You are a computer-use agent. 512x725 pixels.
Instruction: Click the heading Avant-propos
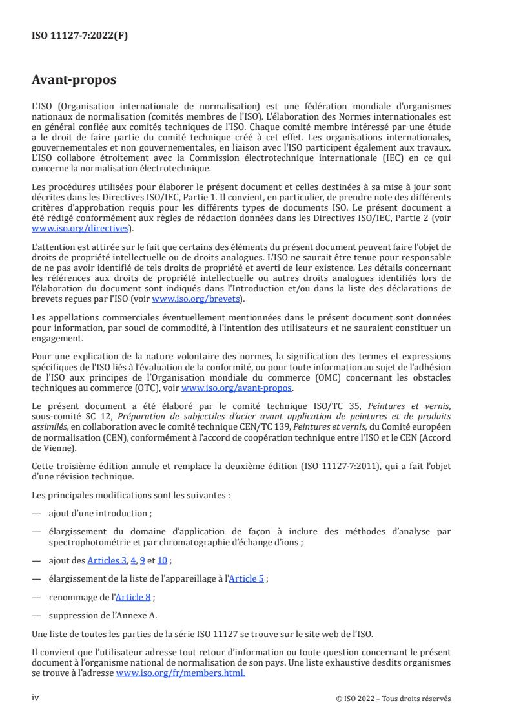tap(74, 81)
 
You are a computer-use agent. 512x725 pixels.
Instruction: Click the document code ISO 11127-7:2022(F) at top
tap(79, 36)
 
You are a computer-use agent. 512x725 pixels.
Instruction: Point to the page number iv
tap(36, 698)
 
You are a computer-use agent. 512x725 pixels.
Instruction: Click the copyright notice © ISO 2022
tap(362, 699)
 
